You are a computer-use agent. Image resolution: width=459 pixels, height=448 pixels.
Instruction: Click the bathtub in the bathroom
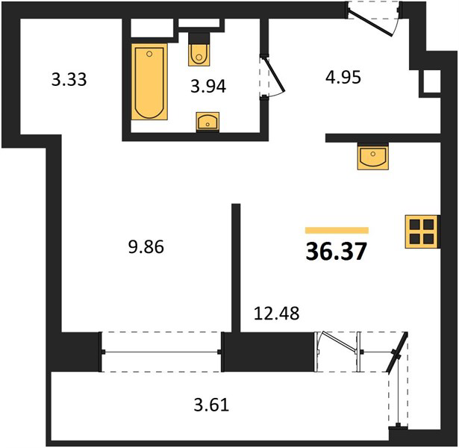coord(149,81)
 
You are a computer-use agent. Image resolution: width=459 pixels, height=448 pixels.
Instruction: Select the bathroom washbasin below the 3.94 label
coord(207,122)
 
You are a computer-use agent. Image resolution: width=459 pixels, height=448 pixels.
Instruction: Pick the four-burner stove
coord(422,232)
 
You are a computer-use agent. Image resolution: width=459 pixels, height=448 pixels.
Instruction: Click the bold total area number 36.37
coord(336,252)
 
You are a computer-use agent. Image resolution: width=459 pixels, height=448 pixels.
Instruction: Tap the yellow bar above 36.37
coord(337,231)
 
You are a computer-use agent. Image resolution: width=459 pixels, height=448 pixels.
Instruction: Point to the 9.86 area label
coord(146,247)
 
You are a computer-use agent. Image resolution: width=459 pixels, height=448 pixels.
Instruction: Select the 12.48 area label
coord(277,313)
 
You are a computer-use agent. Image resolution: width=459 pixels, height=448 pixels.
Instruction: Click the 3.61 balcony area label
coord(211,405)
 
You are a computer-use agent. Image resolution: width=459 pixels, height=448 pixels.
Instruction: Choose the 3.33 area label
coord(69,79)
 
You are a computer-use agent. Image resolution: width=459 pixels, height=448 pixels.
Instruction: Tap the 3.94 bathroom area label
coord(208,87)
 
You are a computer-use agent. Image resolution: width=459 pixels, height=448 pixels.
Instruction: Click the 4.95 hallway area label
coord(343,78)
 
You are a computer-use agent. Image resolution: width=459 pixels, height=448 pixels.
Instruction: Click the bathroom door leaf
coord(275,74)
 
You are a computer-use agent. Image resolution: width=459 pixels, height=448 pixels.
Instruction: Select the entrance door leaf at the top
coord(371,22)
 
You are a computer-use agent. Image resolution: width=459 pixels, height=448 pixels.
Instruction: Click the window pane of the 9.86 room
coord(161,352)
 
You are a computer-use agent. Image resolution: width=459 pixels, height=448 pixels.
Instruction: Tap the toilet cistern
coord(199,38)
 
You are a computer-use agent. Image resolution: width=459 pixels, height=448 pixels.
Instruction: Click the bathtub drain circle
coord(149,54)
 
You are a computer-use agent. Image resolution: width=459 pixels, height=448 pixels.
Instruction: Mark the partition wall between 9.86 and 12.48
coord(236,268)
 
